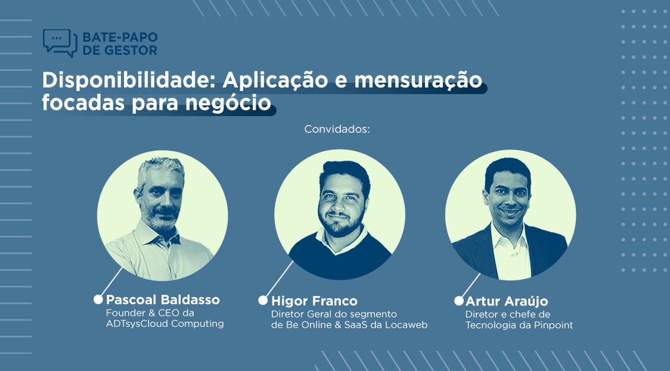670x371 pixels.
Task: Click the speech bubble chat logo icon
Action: tap(60, 43)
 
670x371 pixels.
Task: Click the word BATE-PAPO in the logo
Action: tap(120, 37)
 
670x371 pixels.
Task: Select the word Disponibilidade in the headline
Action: tap(129, 80)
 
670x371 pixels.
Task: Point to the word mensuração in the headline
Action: tap(418, 81)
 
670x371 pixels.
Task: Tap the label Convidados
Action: tap(337, 129)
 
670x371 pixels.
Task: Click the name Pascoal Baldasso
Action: tap(163, 299)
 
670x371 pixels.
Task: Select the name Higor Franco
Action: tap(314, 301)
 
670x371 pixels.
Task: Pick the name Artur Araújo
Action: tap(507, 301)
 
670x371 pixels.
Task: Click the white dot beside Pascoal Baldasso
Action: tap(98, 299)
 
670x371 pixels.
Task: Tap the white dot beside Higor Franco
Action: tap(263, 300)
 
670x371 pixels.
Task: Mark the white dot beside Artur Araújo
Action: tap(459, 301)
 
